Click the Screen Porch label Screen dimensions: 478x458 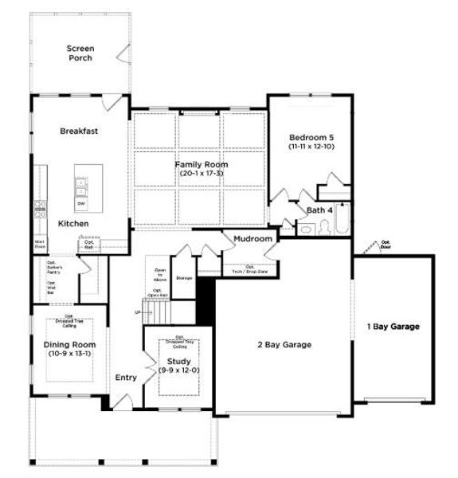(x=80, y=53)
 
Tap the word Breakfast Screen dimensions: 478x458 (x=79, y=131)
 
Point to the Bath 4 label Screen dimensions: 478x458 (x=321, y=210)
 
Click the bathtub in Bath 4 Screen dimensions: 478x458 (x=342, y=221)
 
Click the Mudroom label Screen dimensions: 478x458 (x=253, y=238)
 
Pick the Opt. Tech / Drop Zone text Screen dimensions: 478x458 (x=249, y=269)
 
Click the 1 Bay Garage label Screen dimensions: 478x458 (x=393, y=326)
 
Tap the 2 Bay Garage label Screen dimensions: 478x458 (x=284, y=344)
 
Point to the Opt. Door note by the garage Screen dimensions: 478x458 (x=386, y=245)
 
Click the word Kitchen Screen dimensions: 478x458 (x=73, y=224)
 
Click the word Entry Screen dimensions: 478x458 (x=125, y=378)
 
